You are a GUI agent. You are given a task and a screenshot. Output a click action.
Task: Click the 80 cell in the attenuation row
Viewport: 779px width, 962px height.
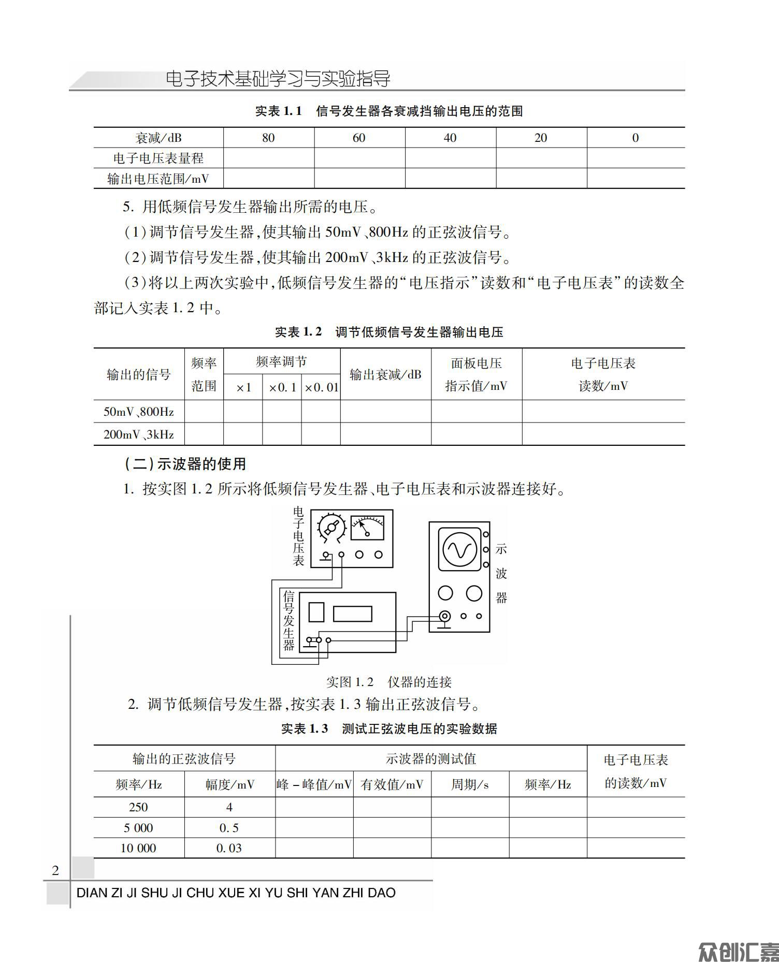268,138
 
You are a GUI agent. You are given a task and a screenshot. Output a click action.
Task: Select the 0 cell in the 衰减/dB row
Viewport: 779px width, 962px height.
636,138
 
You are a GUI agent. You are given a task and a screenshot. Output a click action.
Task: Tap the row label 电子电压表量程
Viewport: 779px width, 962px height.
158,158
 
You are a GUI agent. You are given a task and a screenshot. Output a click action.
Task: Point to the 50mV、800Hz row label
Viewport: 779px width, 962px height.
139,412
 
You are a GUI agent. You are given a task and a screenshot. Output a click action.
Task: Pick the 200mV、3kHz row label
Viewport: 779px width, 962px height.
139,434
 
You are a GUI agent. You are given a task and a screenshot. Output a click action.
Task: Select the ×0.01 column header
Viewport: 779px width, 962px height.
321,387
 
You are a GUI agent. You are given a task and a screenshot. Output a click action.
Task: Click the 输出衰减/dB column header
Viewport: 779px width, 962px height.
385,374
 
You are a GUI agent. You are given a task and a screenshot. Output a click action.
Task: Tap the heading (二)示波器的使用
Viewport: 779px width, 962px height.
185,463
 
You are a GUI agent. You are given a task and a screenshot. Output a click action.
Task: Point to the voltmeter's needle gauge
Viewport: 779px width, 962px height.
367,528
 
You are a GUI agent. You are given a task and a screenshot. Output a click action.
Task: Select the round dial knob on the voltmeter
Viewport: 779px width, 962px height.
331,528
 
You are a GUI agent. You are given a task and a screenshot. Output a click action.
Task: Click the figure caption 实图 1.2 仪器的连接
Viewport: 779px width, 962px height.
389,682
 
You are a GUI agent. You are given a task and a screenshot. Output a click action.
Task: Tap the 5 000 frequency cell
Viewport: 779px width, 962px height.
138,828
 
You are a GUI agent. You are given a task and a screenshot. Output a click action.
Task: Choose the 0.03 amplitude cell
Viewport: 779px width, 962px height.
229,848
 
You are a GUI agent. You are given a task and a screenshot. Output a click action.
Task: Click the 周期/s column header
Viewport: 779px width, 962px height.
469,785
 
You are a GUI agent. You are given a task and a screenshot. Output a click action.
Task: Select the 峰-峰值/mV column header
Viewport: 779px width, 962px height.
314,785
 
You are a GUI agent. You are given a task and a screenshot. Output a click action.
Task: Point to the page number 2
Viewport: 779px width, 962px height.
55,870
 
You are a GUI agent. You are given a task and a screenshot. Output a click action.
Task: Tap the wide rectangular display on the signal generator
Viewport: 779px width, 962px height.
352,614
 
